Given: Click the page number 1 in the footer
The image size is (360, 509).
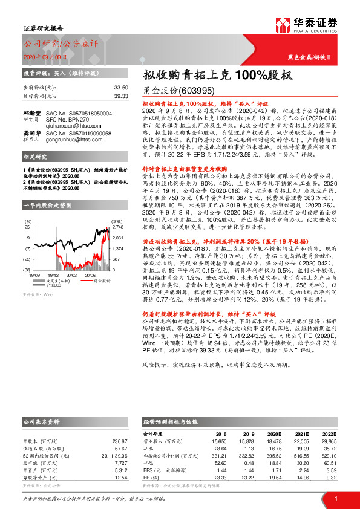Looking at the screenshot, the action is (x=335, y=498).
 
